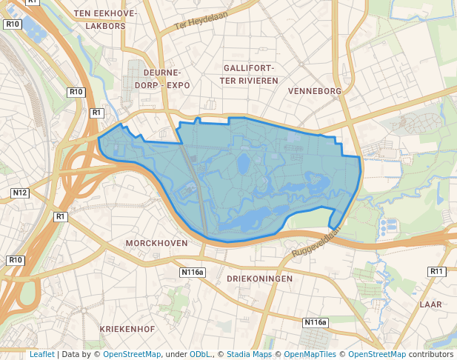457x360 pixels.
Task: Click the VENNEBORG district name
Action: [x=314, y=91]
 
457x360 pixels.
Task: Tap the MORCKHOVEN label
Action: [x=156, y=243]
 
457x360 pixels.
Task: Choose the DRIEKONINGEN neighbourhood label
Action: [x=259, y=279]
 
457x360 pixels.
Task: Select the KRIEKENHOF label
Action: [x=127, y=327]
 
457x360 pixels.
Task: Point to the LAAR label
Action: [x=430, y=304]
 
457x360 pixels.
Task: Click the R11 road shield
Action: [x=436, y=272]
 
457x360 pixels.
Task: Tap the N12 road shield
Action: [x=20, y=193]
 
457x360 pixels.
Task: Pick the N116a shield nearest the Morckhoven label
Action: [x=193, y=273]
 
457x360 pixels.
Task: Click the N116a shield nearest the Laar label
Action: [x=315, y=322]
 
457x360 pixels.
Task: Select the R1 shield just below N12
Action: [x=61, y=216]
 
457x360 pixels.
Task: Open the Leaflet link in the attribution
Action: [x=42, y=354]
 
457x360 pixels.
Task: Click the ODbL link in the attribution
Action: [x=199, y=354]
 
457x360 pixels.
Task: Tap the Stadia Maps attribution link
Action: [x=249, y=354]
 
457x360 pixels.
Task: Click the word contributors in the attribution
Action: [x=430, y=354]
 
